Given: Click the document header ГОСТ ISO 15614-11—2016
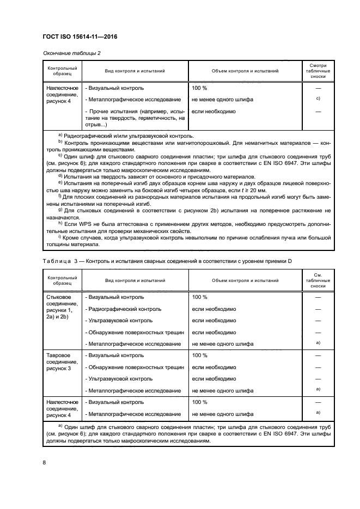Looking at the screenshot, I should point(80,36).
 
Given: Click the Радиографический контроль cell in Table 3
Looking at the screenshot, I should point(123,309).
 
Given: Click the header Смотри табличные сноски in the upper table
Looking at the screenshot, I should point(318,71).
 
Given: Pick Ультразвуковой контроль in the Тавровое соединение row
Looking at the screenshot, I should point(119,378).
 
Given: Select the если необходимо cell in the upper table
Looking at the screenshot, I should point(213,111).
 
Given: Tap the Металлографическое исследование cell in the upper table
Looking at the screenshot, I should point(133,99).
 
